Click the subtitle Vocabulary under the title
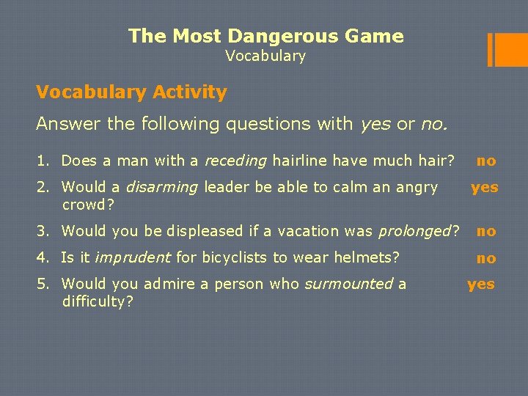pos(265,56)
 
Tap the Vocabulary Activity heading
pos(131,92)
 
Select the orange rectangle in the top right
pos(506,49)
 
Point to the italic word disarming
pos(162,187)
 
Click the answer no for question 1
pos(486,161)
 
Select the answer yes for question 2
pos(484,187)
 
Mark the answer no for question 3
pos(486,231)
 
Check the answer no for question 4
pos(486,258)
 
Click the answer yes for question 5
pos(481,284)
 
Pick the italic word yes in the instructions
pos(375,125)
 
